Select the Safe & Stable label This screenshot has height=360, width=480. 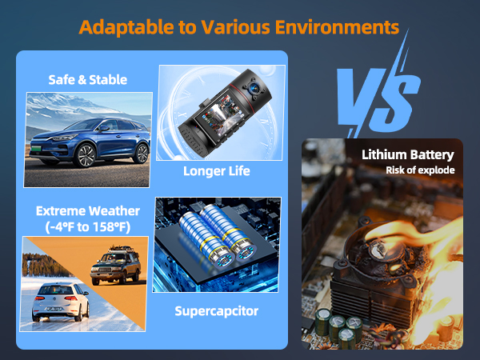click(87, 79)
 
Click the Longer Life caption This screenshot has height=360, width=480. click(217, 170)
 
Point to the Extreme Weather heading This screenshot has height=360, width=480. click(88, 210)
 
